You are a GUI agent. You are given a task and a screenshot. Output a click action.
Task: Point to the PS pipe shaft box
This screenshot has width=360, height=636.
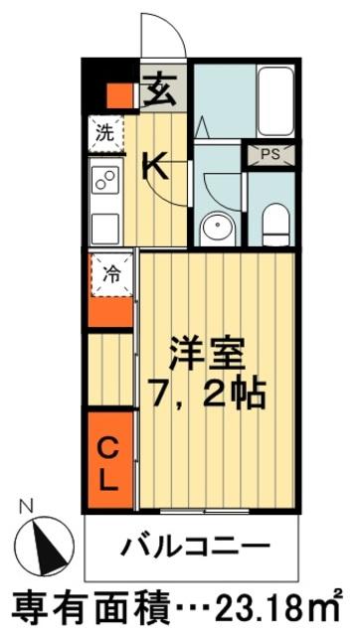[269, 154]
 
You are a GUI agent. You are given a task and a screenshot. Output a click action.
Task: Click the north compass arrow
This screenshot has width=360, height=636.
[46, 544]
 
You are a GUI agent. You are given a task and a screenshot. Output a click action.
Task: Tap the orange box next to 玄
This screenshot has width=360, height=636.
[119, 96]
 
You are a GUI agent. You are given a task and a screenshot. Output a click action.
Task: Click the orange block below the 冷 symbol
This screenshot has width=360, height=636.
[110, 312]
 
